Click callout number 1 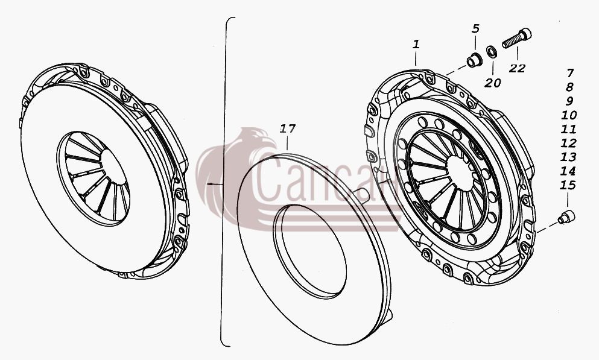(x=416, y=44)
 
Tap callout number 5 (x=475, y=28)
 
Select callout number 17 (x=288, y=129)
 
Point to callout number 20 (x=492, y=83)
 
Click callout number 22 (x=517, y=68)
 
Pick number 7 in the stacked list (x=570, y=72)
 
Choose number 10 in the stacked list (x=569, y=115)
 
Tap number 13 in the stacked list (x=568, y=157)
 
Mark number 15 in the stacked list (x=568, y=186)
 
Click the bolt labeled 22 (x=517, y=38)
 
